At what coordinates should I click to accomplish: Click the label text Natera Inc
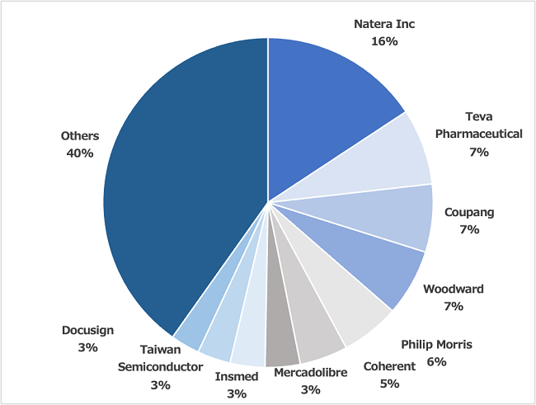click(384, 24)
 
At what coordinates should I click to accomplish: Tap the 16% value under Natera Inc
click(384, 40)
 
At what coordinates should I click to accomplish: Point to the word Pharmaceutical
click(478, 134)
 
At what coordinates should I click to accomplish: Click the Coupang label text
click(469, 212)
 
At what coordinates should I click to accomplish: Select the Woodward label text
click(453, 290)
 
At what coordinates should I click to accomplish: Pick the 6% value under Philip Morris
click(436, 361)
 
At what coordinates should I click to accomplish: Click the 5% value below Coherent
click(389, 384)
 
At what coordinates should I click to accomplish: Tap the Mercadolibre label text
click(310, 373)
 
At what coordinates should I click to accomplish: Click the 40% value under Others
click(80, 153)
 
